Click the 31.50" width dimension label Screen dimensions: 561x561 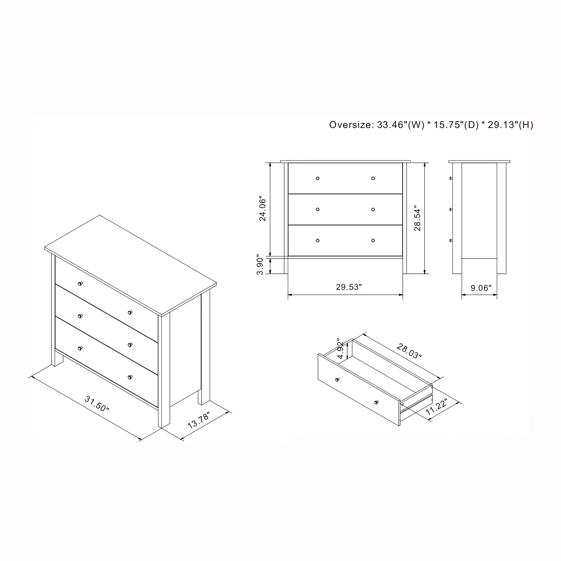pos(97,404)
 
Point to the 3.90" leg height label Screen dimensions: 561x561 pos(260,266)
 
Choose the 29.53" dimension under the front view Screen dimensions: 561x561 pos(349,287)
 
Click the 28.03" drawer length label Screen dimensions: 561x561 pos(409,351)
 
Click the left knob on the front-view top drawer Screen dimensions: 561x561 pos(318,178)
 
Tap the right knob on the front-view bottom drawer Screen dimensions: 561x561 pos(373,240)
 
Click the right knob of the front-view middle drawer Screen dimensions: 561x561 pos(373,209)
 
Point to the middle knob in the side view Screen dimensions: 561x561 pos(451,209)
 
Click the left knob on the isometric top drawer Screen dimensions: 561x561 pos(80,284)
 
